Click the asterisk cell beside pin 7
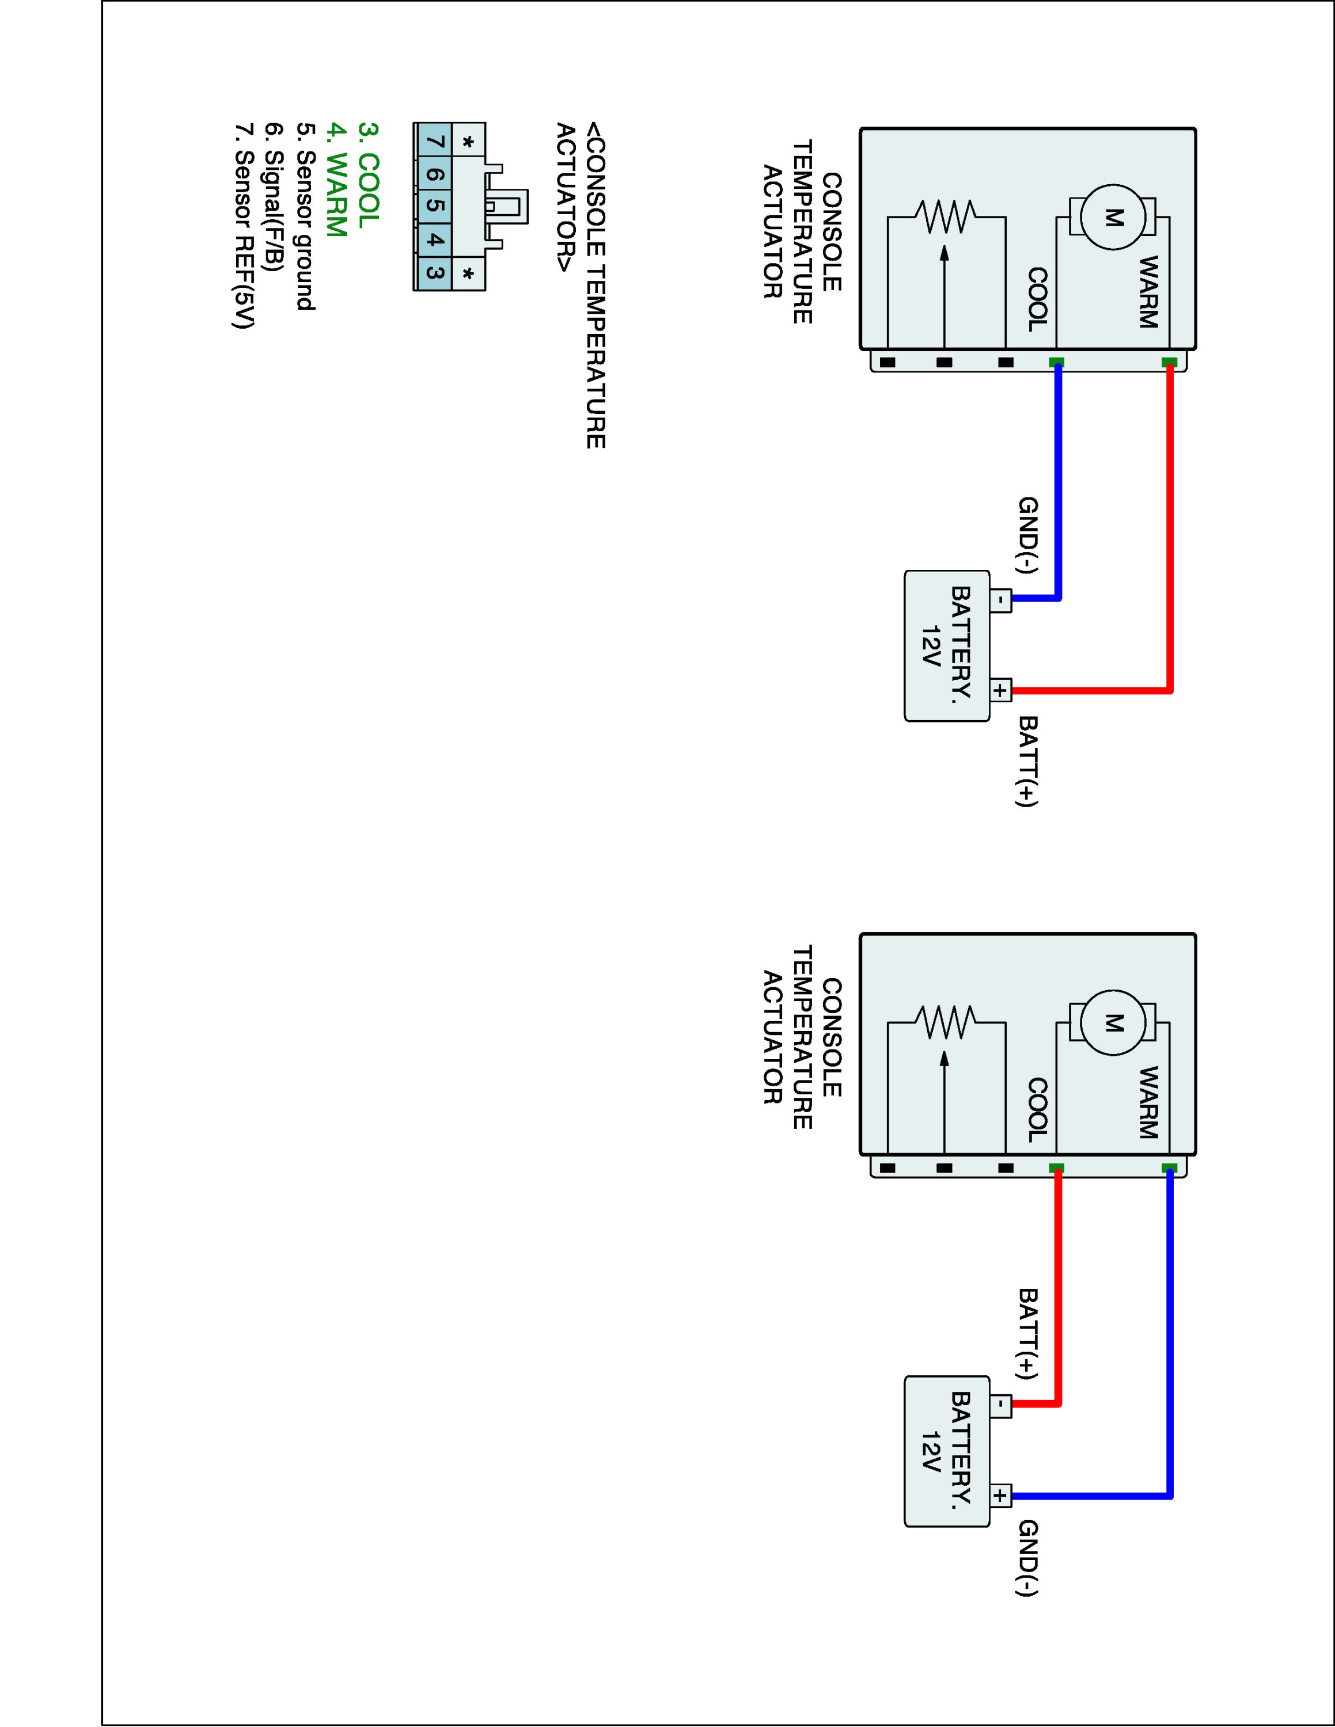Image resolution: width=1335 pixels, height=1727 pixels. (x=468, y=142)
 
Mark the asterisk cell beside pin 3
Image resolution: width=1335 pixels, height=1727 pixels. (x=468, y=273)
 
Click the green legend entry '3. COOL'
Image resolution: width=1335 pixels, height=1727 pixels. (x=369, y=176)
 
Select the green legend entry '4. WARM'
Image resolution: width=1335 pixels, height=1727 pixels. (x=337, y=180)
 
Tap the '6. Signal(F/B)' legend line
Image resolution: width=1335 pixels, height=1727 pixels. (x=274, y=197)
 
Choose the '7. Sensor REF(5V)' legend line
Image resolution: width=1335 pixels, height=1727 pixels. (x=244, y=225)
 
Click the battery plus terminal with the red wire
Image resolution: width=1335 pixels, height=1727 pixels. (x=1000, y=690)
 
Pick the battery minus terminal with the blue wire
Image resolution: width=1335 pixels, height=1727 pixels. (x=1000, y=599)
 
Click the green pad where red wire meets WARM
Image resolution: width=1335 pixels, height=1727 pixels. (x=1169, y=362)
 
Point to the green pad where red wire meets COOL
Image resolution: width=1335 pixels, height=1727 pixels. (x=1057, y=1168)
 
